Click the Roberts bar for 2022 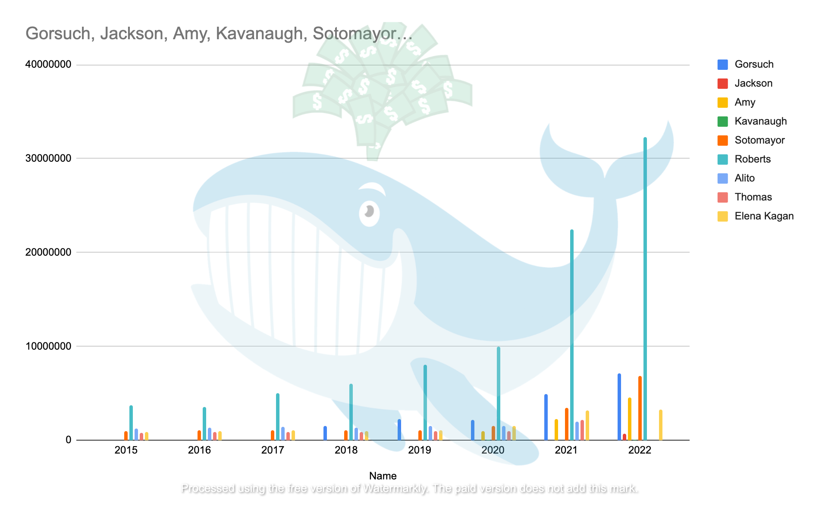click(645, 289)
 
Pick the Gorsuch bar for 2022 click(619, 407)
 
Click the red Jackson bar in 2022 click(624, 437)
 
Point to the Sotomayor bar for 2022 click(640, 408)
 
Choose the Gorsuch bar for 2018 click(325, 433)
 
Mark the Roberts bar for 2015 click(131, 423)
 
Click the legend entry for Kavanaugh click(760, 121)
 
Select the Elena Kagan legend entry click(764, 216)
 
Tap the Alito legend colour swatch click(723, 178)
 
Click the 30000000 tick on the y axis click(48, 158)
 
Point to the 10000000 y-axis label click(48, 346)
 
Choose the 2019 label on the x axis click(419, 451)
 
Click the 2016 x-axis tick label click(199, 451)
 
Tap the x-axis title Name click(383, 476)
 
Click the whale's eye click(369, 212)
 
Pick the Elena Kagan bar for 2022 click(661, 425)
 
